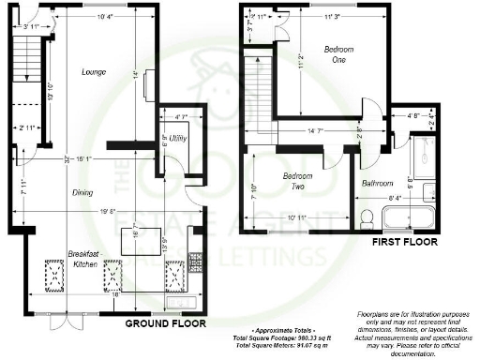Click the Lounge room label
(x=93, y=72)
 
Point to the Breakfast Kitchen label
(x=84, y=260)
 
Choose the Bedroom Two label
(x=299, y=181)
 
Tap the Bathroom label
(x=378, y=183)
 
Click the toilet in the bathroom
(x=368, y=220)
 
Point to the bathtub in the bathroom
(x=407, y=220)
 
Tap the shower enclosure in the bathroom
(x=420, y=137)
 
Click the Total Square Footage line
(x=271, y=337)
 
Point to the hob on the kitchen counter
(x=194, y=258)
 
